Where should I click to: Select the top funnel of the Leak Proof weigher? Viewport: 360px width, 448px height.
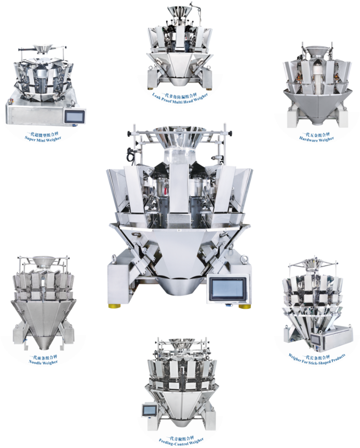pyautogui.click(x=179, y=11)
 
